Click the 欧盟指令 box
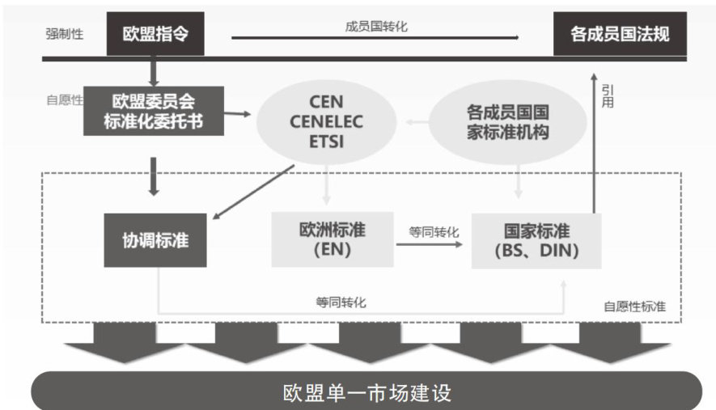(154, 34)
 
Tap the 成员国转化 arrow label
(375, 26)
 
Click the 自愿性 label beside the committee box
(65, 101)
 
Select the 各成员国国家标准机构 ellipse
(497, 122)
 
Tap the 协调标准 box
(155, 239)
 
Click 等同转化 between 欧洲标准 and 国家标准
(434, 232)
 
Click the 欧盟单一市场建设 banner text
(366, 392)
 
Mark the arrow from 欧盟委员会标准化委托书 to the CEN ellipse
(235, 114)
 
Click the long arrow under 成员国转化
(375, 37)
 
